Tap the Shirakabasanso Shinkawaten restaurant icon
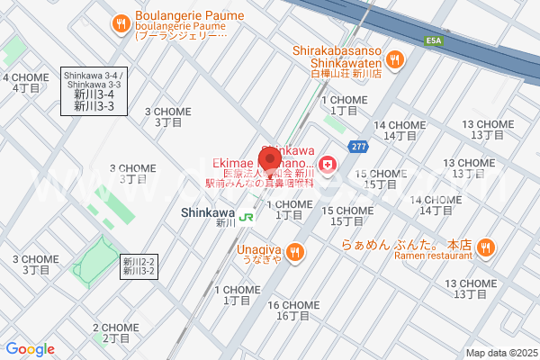pos(394,59)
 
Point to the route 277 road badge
pos(358,146)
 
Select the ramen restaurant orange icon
pos(485,246)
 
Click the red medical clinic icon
pos(328,164)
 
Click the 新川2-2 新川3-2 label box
pos(139,265)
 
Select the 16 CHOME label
pos(293,310)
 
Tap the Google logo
pos(30,349)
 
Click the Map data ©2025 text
pos(499,353)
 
